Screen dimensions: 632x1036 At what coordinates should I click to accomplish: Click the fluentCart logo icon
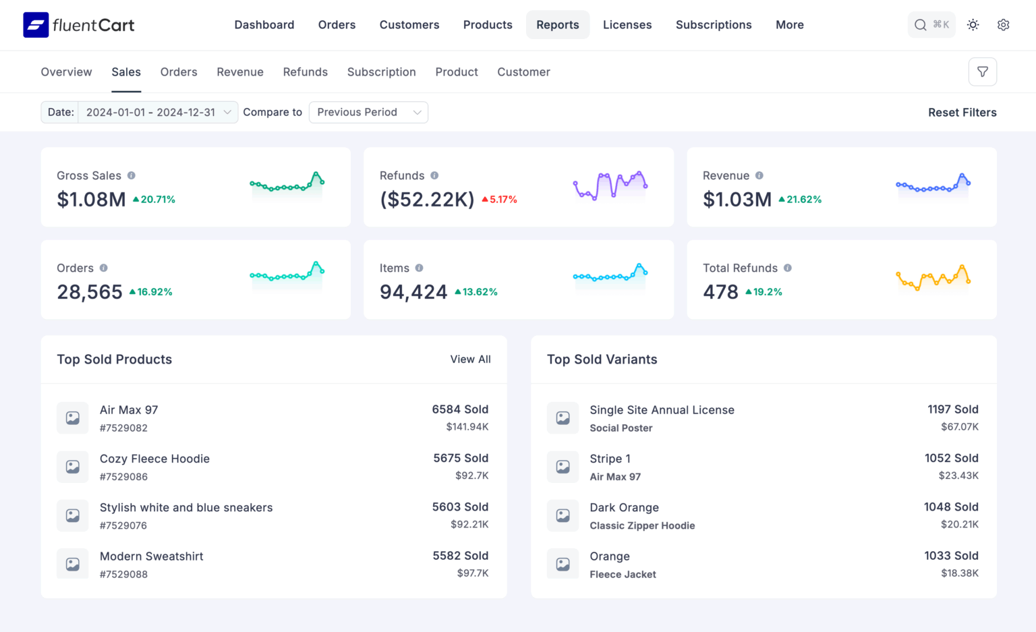coord(36,25)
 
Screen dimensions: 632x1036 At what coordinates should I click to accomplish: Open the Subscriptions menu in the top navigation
coord(713,25)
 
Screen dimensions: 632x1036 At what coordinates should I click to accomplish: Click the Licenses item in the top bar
coord(627,25)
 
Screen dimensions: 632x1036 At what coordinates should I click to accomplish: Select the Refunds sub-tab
coord(305,72)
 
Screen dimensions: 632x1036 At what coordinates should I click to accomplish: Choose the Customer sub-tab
coord(523,72)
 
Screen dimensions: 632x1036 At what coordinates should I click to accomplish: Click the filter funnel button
coord(982,72)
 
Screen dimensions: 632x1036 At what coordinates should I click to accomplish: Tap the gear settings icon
coord(1003,25)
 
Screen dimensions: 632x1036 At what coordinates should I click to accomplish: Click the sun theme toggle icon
coord(973,25)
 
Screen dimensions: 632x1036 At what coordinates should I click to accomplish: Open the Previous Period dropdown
coord(368,113)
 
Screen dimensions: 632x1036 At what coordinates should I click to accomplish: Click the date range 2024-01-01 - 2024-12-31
coord(151,113)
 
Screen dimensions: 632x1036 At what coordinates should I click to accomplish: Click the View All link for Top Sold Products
coord(470,360)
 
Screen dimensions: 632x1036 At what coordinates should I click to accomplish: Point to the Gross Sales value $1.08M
coord(91,200)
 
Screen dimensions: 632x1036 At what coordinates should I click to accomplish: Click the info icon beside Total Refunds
coord(787,268)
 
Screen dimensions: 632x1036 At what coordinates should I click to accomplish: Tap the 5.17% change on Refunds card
coord(500,200)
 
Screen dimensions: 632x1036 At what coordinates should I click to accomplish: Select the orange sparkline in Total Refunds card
coord(933,277)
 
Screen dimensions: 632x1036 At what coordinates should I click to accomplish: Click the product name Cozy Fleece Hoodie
coord(154,459)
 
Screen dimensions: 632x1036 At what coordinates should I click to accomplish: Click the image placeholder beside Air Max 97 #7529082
coord(73,418)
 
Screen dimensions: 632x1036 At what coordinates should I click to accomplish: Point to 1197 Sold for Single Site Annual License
coord(952,409)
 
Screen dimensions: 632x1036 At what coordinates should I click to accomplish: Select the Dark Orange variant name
coord(624,508)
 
